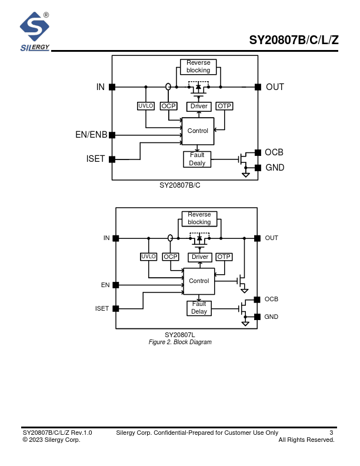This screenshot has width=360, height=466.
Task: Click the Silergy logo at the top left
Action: pos(35,31)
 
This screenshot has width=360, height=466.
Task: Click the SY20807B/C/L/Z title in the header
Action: pos(294,41)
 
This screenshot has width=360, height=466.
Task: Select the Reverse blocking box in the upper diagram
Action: pos(198,66)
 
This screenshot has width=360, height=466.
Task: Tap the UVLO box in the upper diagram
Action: pos(145,106)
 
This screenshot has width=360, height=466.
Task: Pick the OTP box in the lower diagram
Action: pos(224,257)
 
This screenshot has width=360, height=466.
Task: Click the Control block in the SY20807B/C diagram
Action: pos(198,131)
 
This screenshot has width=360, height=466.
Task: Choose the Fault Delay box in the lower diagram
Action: pos(199,308)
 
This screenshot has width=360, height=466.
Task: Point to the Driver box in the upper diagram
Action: pos(199,106)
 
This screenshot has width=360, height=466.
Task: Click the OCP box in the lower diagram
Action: pos(171,257)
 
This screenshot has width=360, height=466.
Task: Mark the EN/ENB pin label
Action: pos(91,135)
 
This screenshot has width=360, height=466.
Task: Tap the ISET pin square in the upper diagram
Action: pos(112,159)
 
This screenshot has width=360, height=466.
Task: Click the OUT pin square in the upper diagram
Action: pos(258,87)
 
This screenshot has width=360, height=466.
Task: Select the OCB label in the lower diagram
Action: pos(271,299)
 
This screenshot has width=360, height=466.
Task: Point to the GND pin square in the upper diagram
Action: pos(258,168)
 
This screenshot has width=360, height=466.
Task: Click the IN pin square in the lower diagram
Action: pos(116,238)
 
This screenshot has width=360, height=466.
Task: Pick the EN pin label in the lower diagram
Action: pos(105,285)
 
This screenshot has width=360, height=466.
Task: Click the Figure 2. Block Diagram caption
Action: pos(180,342)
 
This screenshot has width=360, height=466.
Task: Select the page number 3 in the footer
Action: pos(331,433)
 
